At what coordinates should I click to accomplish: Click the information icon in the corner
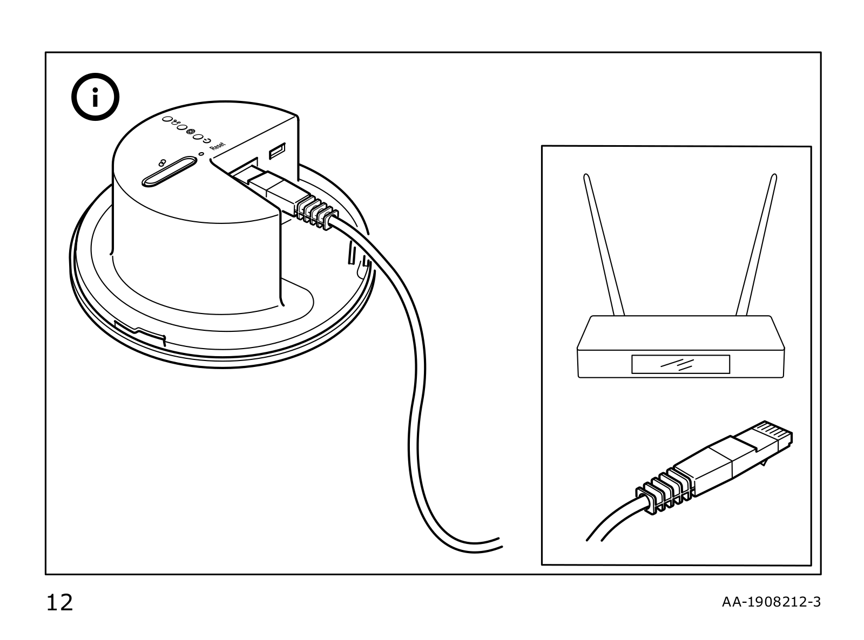pyautogui.click(x=96, y=100)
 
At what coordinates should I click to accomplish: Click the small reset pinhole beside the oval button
pyautogui.click(x=201, y=154)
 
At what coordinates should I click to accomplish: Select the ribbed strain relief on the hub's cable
pyautogui.click(x=316, y=213)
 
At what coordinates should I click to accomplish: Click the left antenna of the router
pyautogui.click(x=604, y=243)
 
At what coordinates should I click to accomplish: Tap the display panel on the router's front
pyautogui.click(x=680, y=364)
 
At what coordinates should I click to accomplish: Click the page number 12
pyautogui.click(x=59, y=602)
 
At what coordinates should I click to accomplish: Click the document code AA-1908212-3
pyautogui.click(x=771, y=602)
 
